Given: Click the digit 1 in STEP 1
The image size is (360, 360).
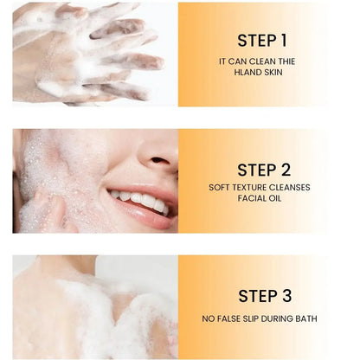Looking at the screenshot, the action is click(x=283, y=41).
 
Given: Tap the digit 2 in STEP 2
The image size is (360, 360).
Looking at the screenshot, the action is click(x=286, y=170).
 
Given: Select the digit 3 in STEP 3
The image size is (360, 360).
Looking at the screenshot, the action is click(x=286, y=296).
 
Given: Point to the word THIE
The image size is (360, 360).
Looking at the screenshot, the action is click(x=286, y=61).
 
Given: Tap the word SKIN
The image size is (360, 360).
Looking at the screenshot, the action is click(x=273, y=72).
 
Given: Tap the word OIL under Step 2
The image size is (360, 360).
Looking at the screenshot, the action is click(x=274, y=198).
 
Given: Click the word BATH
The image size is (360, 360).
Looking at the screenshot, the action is click(x=306, y=318).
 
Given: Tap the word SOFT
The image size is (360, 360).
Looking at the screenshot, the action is click(x=219, y=187).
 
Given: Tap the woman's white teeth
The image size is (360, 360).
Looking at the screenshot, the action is click(x=140, y=200).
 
